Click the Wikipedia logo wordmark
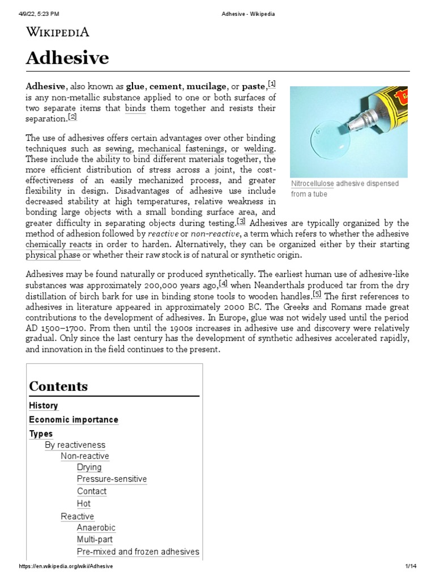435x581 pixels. (x=58, y=32)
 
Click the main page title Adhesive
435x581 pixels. (x=67, y=58)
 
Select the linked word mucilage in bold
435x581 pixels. (x=206, y=86)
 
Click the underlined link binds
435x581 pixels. (x=135, y=108)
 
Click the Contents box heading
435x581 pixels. (x=58, y=386)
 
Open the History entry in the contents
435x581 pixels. (x=44, y=406)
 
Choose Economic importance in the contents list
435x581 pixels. (x=74, y=420)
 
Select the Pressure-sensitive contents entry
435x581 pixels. (x=112, y=479)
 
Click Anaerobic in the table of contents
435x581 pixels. (x=96, y=528)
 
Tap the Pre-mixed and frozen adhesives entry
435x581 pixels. (x=138, y=551)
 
